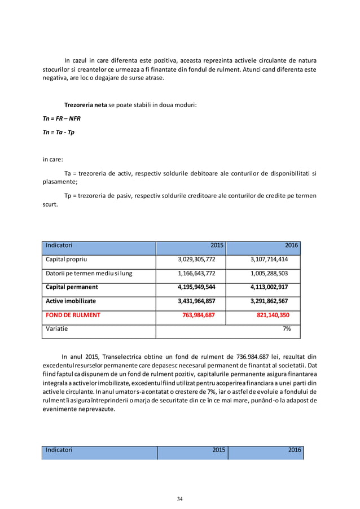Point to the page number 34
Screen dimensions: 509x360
[180, 498]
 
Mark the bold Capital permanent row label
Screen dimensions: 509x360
[72, 287]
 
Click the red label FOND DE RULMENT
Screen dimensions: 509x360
[73, 315]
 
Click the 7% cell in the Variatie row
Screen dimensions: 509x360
[286, 328]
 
